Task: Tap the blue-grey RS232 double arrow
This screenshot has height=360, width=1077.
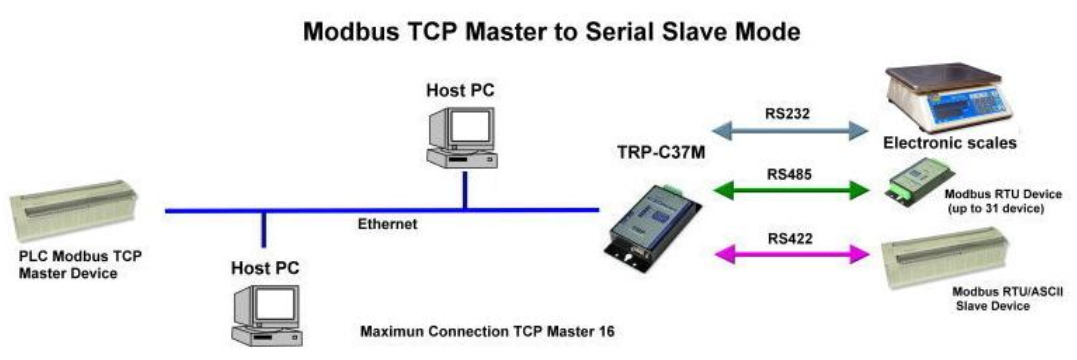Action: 789,128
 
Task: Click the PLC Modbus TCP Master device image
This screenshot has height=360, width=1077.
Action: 74,209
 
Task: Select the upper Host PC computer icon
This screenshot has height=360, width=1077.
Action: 460,134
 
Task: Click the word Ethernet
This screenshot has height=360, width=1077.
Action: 387,224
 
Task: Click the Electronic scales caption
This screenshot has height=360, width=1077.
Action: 950,143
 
